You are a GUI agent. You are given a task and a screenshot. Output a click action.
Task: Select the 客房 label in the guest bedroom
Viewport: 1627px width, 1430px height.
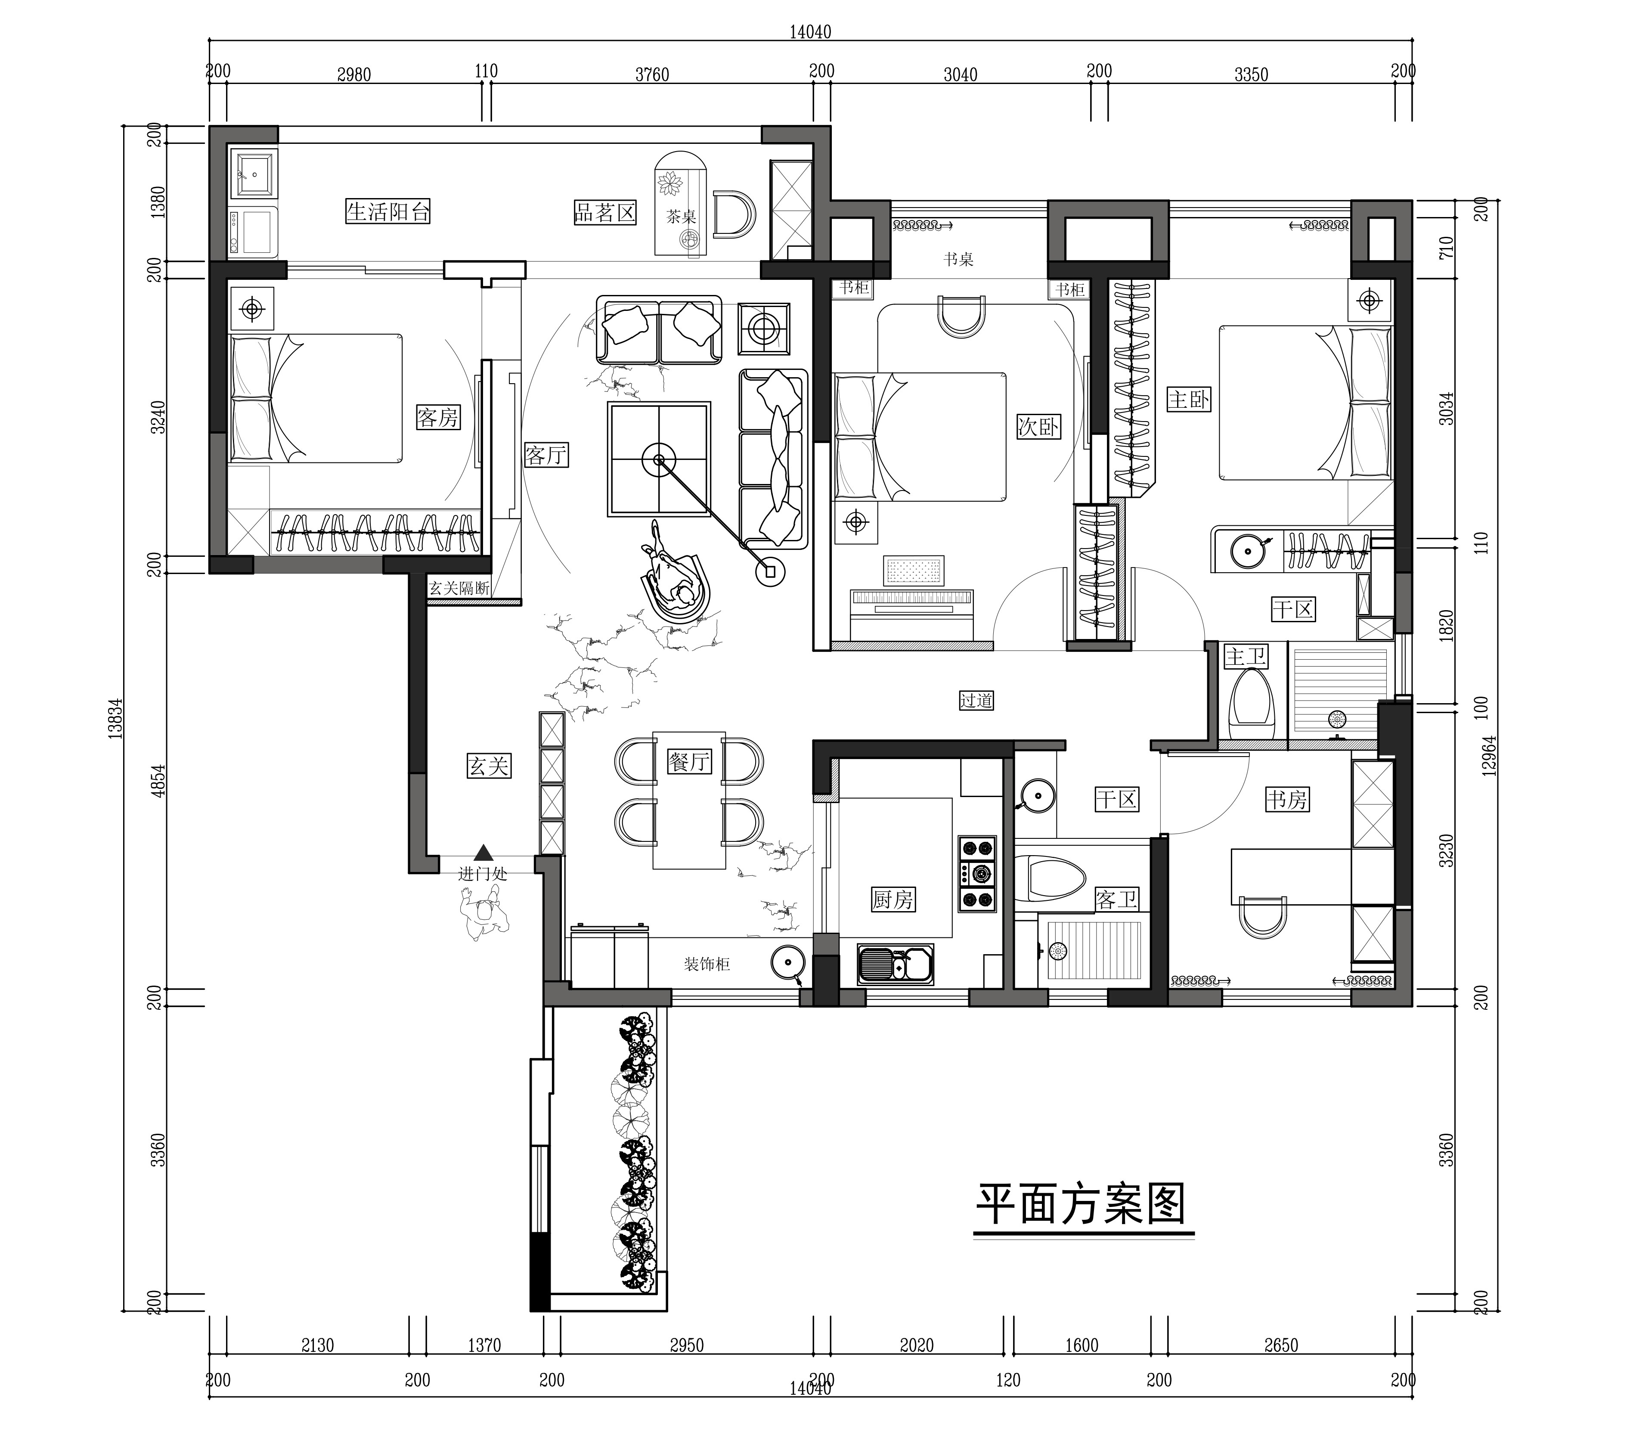438,417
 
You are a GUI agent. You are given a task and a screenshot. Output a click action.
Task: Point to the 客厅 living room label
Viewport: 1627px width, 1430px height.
546,455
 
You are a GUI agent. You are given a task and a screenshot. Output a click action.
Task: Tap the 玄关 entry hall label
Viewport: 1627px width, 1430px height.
488,766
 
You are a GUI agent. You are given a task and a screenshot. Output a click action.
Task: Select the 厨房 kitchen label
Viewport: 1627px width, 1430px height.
893,900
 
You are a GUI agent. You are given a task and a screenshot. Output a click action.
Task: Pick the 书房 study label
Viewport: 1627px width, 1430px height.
1287,800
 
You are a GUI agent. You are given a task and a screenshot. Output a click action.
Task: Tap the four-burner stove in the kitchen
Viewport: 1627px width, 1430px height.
977,873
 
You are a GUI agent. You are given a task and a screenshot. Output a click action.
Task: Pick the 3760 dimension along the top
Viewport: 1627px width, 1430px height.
652,75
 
